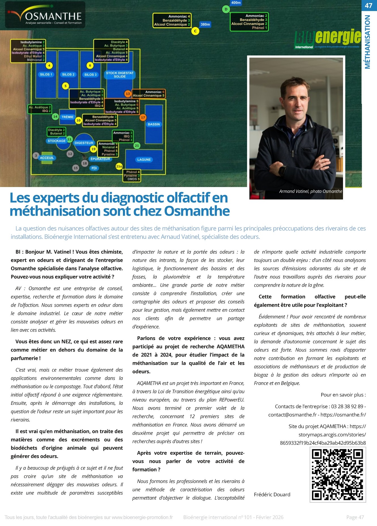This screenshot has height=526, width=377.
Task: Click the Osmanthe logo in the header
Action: (45, 15)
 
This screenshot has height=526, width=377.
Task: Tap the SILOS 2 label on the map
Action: (68, 74)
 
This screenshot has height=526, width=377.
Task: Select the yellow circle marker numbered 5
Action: (65, 86)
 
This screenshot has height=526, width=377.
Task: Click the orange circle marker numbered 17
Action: (143, 117)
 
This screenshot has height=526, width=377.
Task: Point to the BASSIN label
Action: (154, 124)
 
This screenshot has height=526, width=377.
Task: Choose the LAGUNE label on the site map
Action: (144, 160)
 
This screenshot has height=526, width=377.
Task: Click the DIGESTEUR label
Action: (84, 143)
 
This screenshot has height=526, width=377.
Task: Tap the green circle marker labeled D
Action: (226, 9)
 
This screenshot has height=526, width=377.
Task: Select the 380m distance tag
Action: (205, 24)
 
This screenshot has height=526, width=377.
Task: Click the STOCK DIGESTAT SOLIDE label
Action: (120, 75)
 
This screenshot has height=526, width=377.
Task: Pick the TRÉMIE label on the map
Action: (67, 117)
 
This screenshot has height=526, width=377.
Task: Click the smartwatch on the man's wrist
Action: (282, 170)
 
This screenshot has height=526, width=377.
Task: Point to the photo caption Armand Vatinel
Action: (310, 191)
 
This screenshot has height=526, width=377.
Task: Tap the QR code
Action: (337, 475)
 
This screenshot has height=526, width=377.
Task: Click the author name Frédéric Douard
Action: (272, 494)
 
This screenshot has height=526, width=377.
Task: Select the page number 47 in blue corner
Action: (369, 5)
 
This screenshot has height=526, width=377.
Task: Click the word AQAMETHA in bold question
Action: (230, 346)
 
